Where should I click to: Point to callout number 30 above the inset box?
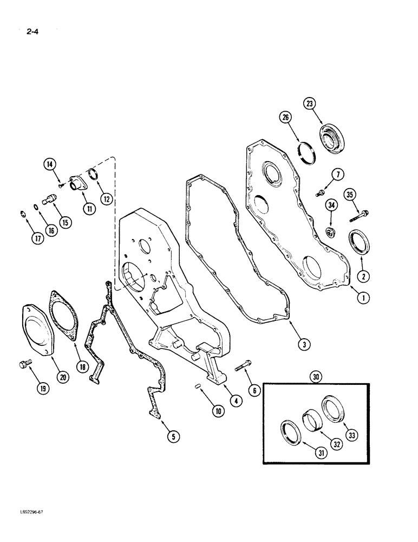pos(316,376)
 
